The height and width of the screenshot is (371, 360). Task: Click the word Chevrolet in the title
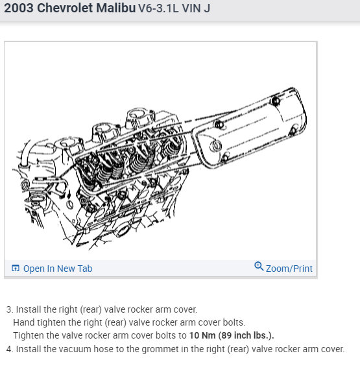[65, 8]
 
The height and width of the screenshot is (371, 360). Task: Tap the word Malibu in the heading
[115, 8]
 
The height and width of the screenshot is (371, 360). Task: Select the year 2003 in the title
[19, 8]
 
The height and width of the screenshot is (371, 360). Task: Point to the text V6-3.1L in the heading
[158, 8]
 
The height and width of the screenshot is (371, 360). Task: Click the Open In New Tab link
[58, 269]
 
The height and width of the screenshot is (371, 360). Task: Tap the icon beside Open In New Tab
[16, 268]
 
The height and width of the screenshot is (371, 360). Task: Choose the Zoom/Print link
[289, 269]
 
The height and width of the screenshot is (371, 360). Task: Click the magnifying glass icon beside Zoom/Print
[259, 266]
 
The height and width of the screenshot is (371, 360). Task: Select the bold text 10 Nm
[202, 335]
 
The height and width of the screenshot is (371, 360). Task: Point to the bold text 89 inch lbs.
[246, 335]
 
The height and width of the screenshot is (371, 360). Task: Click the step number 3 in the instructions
[10, 309]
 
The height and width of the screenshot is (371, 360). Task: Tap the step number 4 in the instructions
[10, 349]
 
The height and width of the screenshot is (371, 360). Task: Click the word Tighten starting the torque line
[29, 336]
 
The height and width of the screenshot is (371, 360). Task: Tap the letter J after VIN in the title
[207, 8]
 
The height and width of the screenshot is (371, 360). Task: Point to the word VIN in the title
[191, 8]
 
